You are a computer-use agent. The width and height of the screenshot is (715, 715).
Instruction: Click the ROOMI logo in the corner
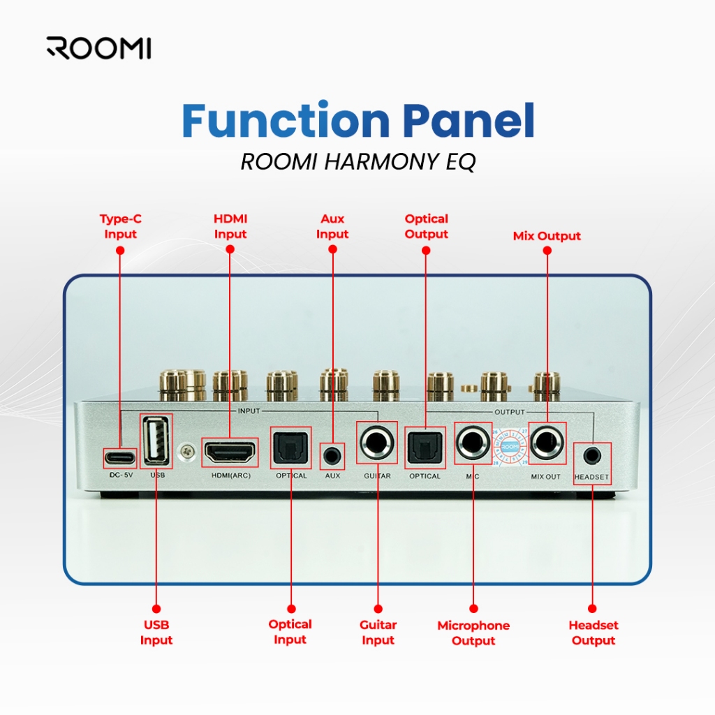pos(98,48)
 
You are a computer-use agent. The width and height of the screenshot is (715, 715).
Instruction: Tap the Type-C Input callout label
pos(120,226)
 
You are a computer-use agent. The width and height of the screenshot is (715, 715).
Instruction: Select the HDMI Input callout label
pos(230,226)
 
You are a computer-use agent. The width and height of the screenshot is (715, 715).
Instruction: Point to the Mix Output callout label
pos(547,236)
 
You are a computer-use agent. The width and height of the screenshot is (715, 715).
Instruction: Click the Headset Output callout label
pos(593,633)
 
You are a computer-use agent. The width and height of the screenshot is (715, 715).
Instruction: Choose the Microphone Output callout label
pos(473,633)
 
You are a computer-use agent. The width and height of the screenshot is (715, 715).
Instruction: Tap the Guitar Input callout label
pos(378,633)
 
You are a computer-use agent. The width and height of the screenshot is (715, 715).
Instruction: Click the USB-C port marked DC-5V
pos(120,458)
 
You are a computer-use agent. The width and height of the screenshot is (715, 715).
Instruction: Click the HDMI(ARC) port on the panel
pos(230,452)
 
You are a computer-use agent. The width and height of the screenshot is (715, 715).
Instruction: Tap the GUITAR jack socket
pos(377,443)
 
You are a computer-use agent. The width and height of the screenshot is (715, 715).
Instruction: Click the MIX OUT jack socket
pos(547,443)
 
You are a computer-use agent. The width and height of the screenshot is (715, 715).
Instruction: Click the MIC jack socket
pos(473,443)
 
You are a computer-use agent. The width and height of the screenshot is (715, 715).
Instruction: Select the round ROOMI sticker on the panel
pos(510,447)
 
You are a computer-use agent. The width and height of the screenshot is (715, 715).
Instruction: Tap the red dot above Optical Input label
pos(291,609)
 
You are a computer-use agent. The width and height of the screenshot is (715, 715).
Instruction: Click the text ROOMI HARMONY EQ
pos(357,162)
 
